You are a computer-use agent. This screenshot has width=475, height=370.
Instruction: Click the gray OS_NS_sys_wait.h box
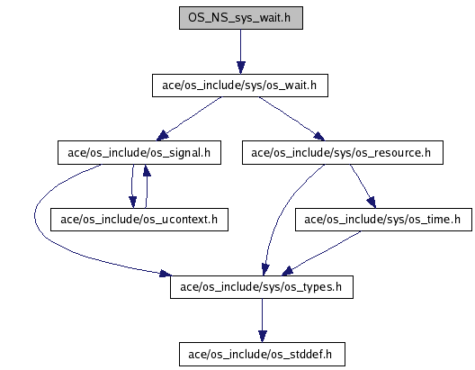pyautogui.click(x=241, y=18)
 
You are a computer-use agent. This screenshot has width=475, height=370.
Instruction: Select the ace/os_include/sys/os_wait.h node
pyautogui.click(x=240, y=86)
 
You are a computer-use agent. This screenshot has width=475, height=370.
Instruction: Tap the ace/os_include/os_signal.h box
pyautogui.click(x=139, y=153)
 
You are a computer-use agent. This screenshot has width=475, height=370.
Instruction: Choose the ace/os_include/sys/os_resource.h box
pyautogui.click(x=343, y=153)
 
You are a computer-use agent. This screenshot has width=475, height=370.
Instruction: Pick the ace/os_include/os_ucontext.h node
pyautogui.click(x=139, y=220)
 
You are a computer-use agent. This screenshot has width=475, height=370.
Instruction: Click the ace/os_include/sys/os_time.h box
pyautogui.click(x=383, y=220)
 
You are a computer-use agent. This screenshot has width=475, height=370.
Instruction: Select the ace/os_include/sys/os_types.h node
pyautogui.click(x=262, y=287)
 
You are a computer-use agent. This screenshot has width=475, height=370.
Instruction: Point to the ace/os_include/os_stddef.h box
pyautogui.click(x=262, y=354)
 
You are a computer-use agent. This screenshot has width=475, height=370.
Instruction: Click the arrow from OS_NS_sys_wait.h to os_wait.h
pyautogui.click(x=241, y=51)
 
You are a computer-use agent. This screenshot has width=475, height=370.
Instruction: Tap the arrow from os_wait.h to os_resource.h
pyautogui.click(x=291, y=118)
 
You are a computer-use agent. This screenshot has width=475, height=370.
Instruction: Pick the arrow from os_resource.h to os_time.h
pyautogui.click(x=363, y=186)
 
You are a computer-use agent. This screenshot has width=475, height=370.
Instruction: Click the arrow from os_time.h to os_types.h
pyautogui.click(x=321, y=253)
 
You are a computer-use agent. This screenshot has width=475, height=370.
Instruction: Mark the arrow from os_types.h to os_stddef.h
pyautogui.click(x=263, y=320)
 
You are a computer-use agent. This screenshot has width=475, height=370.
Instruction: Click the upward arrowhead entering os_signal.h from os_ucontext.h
pyautogui.click(x=147, y=171)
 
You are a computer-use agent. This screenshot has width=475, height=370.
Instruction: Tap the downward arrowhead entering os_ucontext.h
pyautogui.click(x=132, y=203)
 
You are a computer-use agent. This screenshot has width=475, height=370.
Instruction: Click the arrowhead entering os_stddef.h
pyautogui.click(x=263, y=337)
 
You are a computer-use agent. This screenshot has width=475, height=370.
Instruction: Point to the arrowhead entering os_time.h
pyautogui.click(x=372, y=203)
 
